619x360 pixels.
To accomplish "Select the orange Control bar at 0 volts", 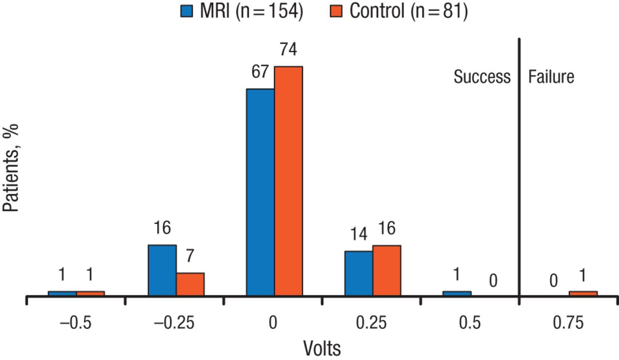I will tap(289, 181).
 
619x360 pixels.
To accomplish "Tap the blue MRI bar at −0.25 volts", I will tap(162, 270).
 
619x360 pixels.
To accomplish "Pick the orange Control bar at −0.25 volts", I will tap(190, 284).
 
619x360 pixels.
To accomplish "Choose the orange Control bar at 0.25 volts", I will tap(387, 270).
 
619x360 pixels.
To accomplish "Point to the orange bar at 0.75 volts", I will tap(583, 293).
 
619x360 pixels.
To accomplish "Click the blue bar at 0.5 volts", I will tap(457, 293).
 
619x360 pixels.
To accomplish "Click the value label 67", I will tap(260, 72).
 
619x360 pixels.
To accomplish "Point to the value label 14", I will tap(358, 234).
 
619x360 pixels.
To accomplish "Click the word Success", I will tap(482, 77).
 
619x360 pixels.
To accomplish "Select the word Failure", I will tap(551, 77).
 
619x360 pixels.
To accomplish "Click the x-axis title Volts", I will tap(322, 348).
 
